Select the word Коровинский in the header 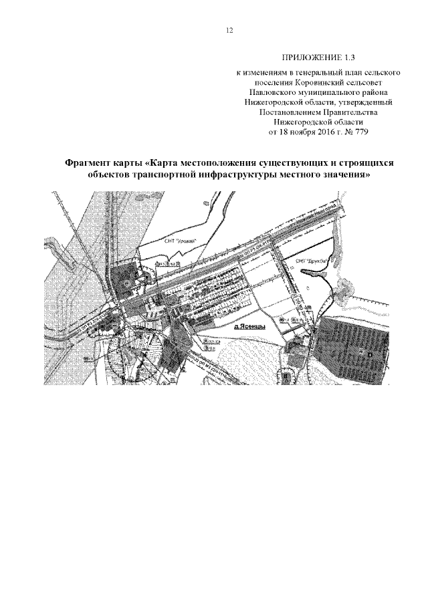pyautogui.click(x=311, y=82)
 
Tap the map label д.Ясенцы pyautogui.click(x=251, y=328)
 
